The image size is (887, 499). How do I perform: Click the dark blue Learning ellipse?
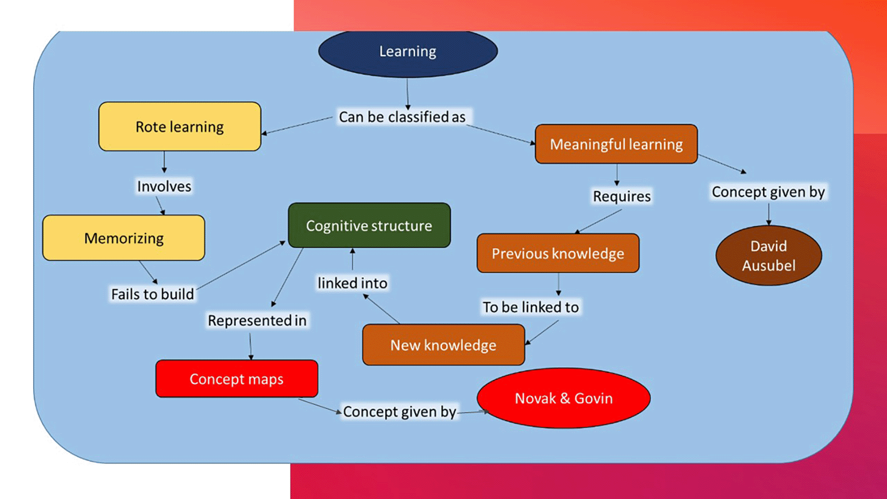[x=408, y=52]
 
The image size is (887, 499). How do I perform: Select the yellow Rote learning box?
[x=180, y=126]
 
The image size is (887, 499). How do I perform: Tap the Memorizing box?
[x=124, y=238]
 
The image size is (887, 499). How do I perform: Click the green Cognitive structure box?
[x=369, y=225]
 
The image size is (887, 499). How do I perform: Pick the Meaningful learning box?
[x=616, y=144]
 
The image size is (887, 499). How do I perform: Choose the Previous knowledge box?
[x=558, y=253]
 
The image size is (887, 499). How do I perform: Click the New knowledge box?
[x=443, y=345]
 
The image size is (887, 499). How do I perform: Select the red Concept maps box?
[x=237, y=379]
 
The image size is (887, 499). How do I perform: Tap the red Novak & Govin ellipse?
[x=563, y=398]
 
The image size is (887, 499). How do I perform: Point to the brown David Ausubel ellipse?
[x=768, y=255]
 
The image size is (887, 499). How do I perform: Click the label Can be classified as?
[x=402, y=117]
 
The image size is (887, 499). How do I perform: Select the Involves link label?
[x=164, y=187]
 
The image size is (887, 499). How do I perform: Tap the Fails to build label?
[x=152, y=294]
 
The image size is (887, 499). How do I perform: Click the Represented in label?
[x=257, y=321]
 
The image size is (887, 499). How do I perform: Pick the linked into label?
[x=352, y=283]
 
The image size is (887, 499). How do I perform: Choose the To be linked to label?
[x=530, y=307]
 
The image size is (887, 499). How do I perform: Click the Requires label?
[x=621, y=196]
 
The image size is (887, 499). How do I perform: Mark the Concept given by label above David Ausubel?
[x=768, y=192]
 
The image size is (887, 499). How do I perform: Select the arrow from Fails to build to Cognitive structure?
[x=241, y=265]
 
